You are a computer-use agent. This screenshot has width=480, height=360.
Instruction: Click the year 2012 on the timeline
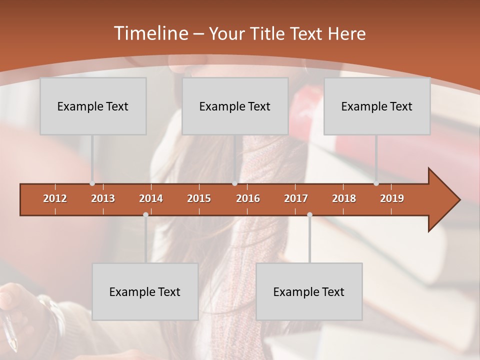55,198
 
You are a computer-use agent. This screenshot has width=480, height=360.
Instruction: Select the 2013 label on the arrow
103,198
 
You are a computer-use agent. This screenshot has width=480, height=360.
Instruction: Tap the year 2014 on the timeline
151,198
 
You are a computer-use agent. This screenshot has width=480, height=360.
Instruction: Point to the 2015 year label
199,198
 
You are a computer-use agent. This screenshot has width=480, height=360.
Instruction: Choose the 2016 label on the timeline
248,198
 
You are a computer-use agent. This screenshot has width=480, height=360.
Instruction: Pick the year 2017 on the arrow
296,198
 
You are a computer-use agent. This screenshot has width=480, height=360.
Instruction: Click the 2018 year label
344,198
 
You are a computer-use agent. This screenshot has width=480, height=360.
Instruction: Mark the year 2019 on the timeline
392,198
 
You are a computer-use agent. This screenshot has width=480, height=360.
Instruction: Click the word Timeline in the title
150,33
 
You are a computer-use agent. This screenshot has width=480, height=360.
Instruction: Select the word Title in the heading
267,34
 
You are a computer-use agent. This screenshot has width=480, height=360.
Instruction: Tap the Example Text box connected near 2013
93,106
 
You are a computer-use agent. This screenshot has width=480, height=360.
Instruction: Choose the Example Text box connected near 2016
235,106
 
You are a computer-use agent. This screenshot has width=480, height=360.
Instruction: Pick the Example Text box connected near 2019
377,106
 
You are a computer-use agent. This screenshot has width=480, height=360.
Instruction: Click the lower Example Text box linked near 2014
145,291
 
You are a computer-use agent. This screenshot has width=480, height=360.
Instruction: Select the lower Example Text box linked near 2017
309,291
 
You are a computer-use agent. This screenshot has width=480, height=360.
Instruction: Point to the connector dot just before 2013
92,183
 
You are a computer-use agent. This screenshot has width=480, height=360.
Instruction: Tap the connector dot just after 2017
309,214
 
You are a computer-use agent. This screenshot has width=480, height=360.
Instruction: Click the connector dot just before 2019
376,183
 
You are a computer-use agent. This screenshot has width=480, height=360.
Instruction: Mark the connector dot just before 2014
145,214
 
